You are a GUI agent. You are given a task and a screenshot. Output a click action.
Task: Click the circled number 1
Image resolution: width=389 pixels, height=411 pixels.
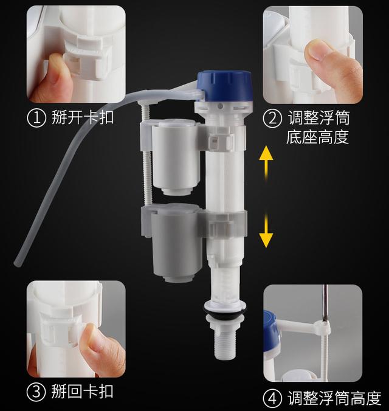pos(37,117)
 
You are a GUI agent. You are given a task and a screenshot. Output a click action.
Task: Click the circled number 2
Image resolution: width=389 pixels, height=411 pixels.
pos(272,117)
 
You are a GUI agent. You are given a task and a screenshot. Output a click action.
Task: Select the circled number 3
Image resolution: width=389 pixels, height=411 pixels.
pos(37,390)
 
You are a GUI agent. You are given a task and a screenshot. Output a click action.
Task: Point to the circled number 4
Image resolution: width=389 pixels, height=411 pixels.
pos(272,398)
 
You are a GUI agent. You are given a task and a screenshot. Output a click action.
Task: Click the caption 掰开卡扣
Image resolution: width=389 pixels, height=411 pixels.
pos(83,117)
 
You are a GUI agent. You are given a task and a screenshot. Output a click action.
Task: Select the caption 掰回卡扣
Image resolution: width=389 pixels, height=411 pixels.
pos(83,390)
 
